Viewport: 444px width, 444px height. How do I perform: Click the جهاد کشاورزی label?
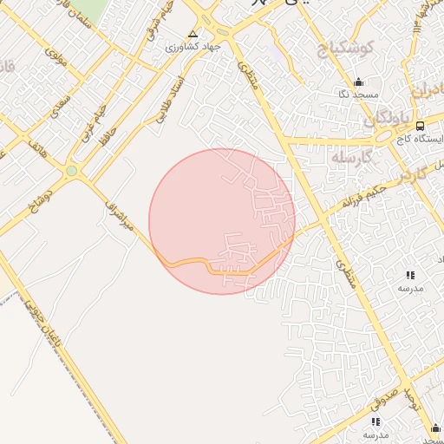click(195, 45)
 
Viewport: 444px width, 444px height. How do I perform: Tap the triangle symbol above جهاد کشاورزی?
click(192, 33)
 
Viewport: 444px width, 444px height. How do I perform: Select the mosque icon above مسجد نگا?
click(357, 83)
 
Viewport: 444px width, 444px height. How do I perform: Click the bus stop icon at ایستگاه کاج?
click(420, 126)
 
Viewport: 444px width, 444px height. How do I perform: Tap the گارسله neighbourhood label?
click(350, 157)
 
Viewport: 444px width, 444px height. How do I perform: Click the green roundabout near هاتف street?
click(71, 172)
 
